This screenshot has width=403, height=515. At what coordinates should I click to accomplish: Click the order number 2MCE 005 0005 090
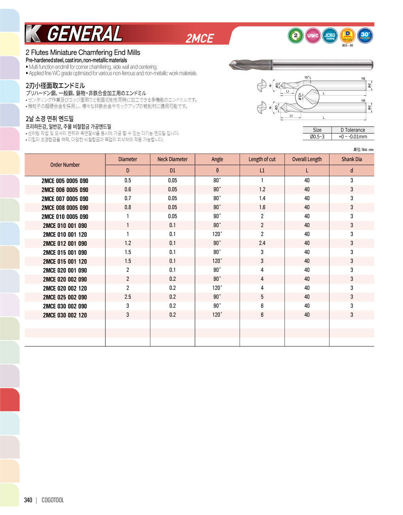point(65,181)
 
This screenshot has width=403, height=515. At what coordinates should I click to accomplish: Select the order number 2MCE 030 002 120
point(65,315)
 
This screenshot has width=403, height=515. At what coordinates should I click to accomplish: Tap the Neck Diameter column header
point(173,159)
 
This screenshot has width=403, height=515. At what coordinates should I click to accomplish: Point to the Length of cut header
point(262,159)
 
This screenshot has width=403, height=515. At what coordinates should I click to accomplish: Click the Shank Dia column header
point(352,159)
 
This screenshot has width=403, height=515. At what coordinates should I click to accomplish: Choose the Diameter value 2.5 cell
point(128,297)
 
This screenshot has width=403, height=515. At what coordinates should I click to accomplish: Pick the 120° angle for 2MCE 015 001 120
point(217,261)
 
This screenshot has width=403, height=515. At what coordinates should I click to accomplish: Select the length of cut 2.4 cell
point(262,243)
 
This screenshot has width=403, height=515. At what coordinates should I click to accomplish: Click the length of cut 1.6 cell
point(262,207)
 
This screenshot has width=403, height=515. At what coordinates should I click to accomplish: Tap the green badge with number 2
point(296,36)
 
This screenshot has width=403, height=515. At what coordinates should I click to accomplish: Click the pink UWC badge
point(313,36)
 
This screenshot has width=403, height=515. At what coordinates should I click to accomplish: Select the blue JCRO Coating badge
point(330,36)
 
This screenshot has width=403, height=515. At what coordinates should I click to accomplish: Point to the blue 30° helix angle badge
point(365,36)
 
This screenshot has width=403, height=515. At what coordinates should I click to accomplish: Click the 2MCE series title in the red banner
point(200,38)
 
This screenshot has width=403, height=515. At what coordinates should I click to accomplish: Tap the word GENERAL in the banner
point(85,34)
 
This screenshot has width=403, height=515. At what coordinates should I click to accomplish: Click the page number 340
point(28,500)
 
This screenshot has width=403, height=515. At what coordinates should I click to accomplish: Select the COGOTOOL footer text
point(53,500)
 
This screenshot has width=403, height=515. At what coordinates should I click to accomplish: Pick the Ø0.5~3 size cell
point(317,137)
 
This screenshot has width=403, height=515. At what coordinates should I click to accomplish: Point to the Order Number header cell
point(65,165)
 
